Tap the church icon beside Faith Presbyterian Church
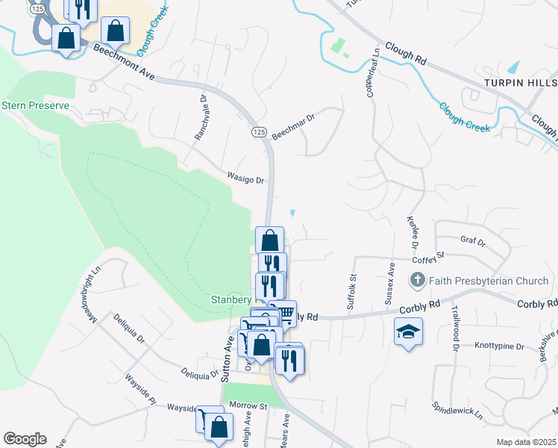(x=417, y=281)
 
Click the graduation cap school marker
(x=408, y=332)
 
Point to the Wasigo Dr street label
(x=246, y=180)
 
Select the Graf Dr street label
(x=473, y=242)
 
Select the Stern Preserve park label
(x=35, y=105)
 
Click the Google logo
(x=25, y=439)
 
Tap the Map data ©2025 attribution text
(x=525, y=442)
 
